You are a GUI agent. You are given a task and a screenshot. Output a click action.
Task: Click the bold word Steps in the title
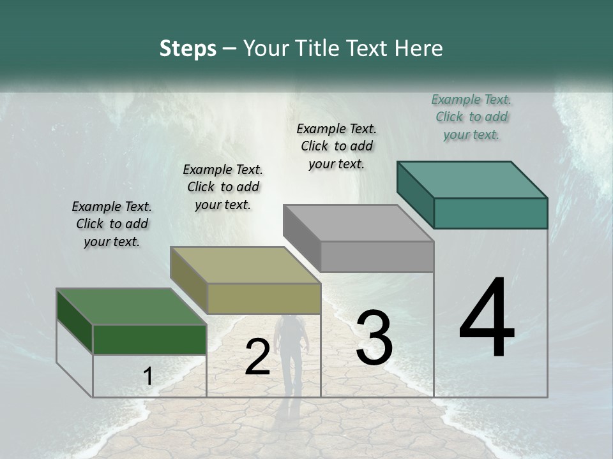pos(188,48)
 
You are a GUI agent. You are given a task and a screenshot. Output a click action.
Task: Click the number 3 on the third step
pos(374,337)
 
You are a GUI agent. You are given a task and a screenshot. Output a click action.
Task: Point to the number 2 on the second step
pos(257,357)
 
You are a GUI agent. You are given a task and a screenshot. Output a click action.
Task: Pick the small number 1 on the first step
pos(148,377)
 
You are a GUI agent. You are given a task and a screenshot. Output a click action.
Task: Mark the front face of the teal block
pos(490,213)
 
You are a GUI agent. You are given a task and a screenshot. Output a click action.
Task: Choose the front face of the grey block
pos(377,256)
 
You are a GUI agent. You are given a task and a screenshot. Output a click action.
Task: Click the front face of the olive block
pos(264,298)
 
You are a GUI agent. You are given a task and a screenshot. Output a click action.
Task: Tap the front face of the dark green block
pos(149,339)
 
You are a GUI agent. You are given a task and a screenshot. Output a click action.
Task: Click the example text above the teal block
pos(472,117)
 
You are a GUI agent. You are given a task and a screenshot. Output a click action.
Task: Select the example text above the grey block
pos(337,146)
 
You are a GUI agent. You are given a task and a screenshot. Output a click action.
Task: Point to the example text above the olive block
pos(223,187)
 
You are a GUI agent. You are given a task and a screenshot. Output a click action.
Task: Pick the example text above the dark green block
pos(112,224)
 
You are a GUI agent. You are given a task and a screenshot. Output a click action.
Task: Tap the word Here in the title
pos(419,48)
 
